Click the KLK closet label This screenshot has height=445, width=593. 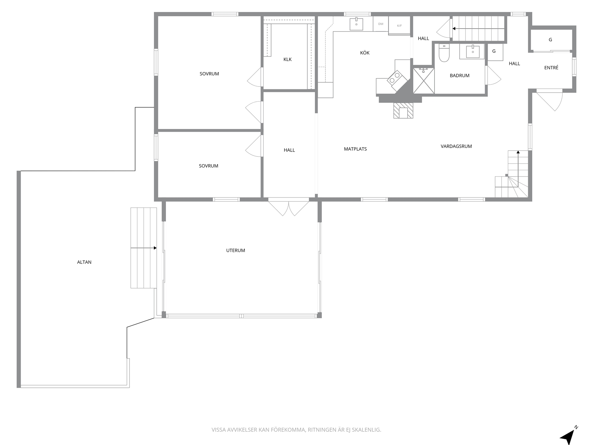pyautogui.click(x=287, y=59)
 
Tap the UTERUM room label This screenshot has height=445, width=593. pyautogui.click(x=235, y=250)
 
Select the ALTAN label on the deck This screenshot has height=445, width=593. pyautogui.click(x=84, y=262)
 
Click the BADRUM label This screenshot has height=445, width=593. pyautogui.click(x=460, y=76)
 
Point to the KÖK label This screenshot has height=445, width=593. pyautogui.click(x=365, y=53)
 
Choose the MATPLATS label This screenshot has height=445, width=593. pyautogui.click(x=355, y=149)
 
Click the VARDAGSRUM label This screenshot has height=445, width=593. pyautogui.click(x=456, y=147)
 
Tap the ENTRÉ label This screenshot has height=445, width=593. pyautogui.click(x=551, y=67)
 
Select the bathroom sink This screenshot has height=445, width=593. pyautogui.click(x=473, y=52)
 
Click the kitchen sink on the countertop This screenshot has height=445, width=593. pyautogui.click(x=357, y=24)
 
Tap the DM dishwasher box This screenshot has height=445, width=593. pyautogui.click(x=381, y=24)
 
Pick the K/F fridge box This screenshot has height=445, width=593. pyautogui.click(x=399, y=25)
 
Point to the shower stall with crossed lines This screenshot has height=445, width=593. pyautogui.click(x=424, y=81)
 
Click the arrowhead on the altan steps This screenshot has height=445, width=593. pyautogui.click(x=155, y=248)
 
